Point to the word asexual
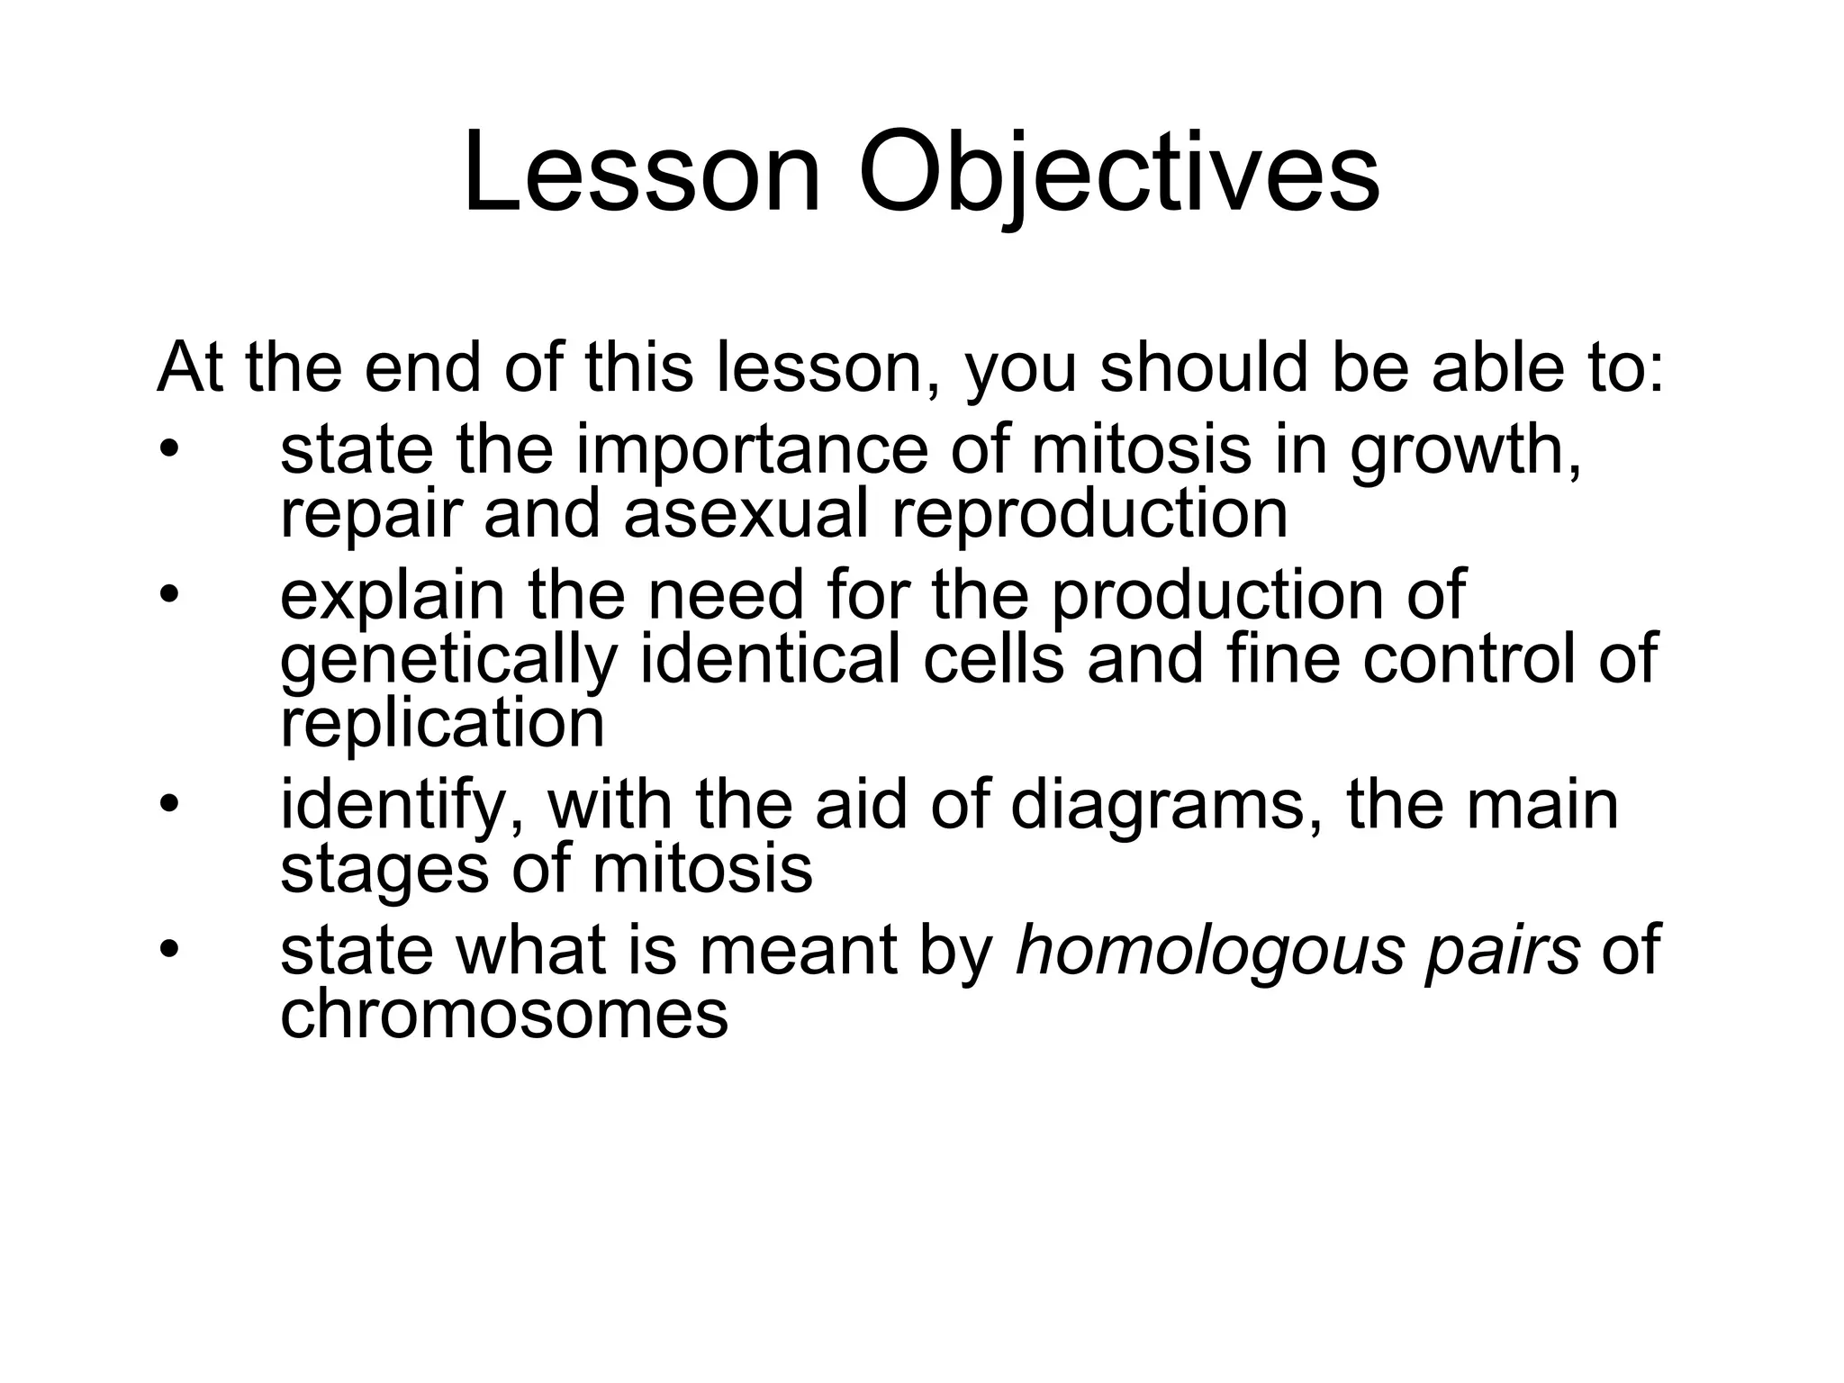point(746,515)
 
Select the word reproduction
point(1089,515)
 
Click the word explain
point(393,596)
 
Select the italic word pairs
point(1503,953)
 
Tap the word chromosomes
point(504,1016)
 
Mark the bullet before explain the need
point(169,597)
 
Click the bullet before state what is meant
point(169,951)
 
